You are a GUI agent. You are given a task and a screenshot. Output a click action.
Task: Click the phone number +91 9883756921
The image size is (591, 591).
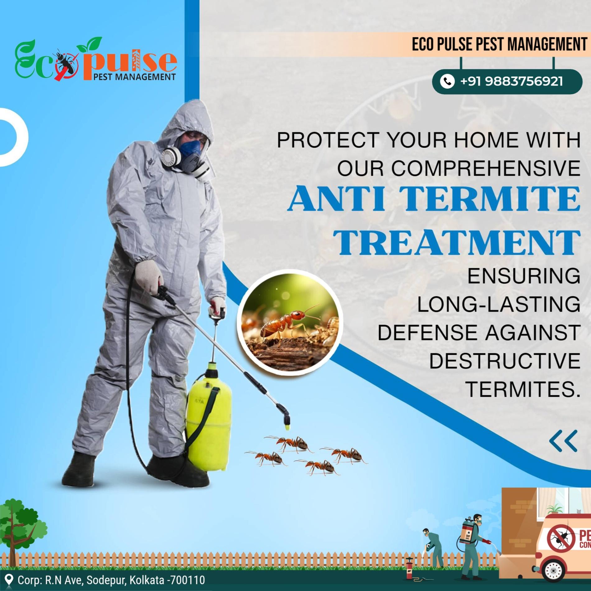511,81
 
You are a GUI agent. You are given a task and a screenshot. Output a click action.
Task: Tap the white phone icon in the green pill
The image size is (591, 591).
447,81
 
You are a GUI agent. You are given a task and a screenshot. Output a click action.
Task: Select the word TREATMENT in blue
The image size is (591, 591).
457,242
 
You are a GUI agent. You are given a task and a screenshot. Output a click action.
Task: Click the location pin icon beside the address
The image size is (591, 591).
9,580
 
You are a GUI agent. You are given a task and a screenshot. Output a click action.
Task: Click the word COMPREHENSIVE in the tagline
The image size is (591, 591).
485,169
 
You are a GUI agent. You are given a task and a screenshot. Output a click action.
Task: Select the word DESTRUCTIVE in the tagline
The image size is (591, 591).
505,361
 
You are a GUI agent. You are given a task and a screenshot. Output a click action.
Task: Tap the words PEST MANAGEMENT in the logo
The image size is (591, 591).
134,77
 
